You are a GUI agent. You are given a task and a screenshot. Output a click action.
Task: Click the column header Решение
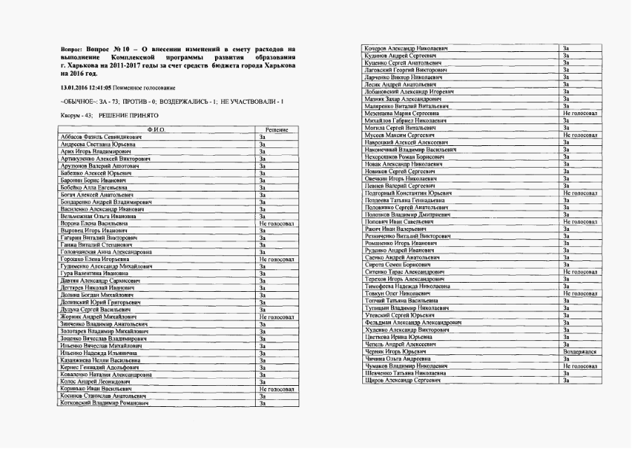point(277,129)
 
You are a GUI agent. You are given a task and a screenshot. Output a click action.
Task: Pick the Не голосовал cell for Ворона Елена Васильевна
point(276,223)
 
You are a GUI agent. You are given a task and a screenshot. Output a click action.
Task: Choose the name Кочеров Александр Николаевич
point(406,48)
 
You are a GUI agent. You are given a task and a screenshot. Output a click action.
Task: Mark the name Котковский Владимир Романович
point(104,403)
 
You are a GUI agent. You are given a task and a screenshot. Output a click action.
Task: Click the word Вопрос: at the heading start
point(72,49)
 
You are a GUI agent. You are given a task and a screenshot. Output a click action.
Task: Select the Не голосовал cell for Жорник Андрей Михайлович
point(276,317)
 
